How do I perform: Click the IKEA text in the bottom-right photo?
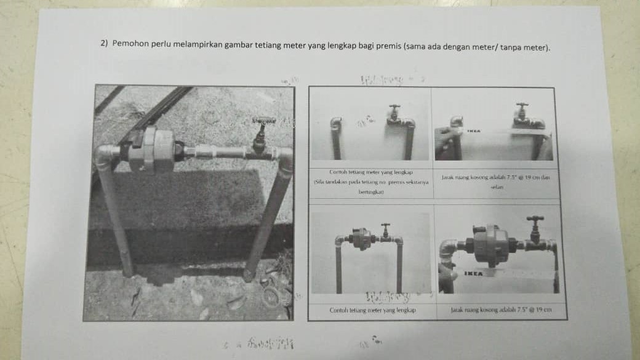[x=473, y=273]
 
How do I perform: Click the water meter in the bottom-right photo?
[x=490, y=244]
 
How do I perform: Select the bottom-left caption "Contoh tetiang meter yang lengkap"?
[x=372, y=310]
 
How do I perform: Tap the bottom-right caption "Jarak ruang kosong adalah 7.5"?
[x=500, y=310]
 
